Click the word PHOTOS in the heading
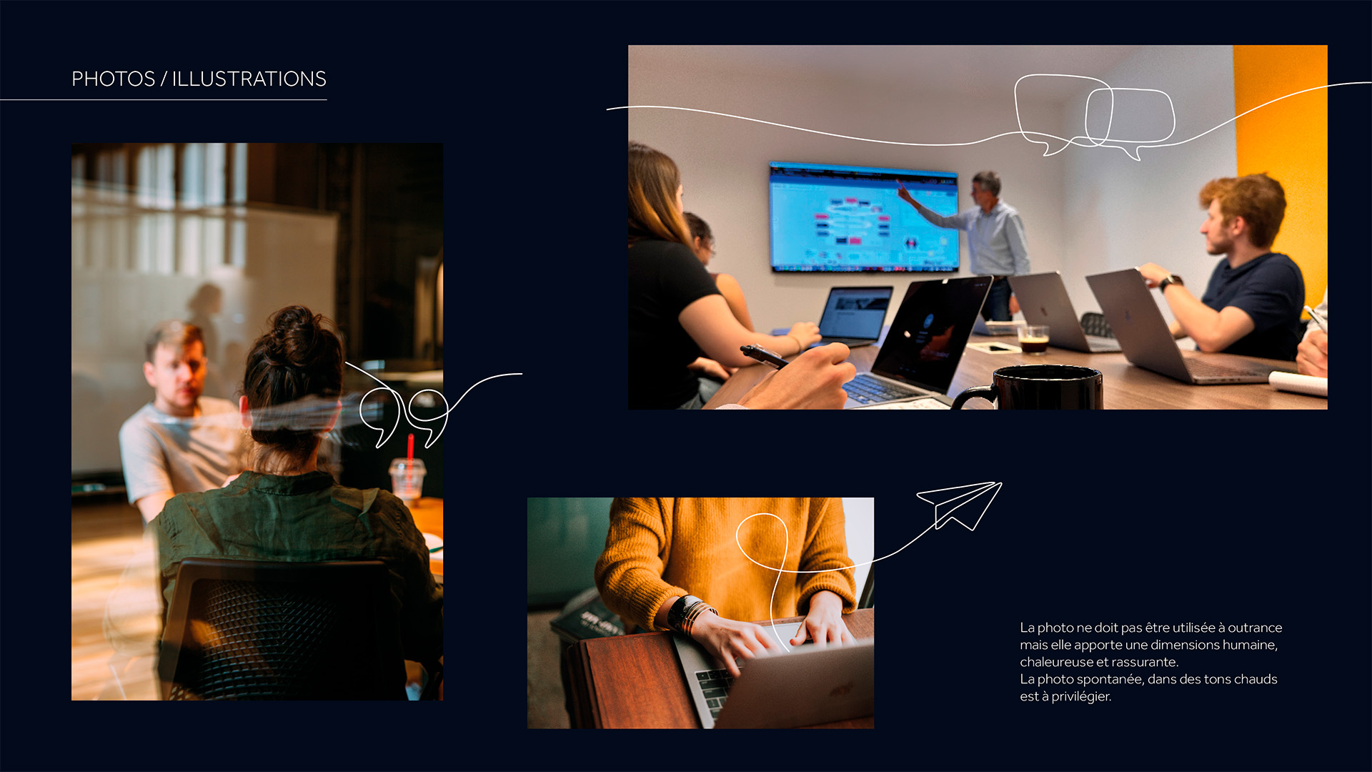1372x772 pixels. [113, 79]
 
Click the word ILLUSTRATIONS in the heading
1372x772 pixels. [249, 79]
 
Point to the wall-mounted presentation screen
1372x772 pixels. [863, 217]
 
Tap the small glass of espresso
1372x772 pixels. [1033, 339]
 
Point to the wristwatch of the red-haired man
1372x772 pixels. [1169, 282]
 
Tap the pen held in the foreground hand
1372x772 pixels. [763, 355]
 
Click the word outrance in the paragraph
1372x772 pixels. [1255, 628]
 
